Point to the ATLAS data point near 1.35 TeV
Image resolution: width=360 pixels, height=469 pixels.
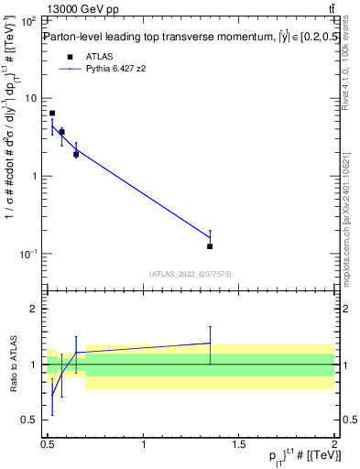coord(210,246)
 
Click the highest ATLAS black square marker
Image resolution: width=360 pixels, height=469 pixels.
coord(52,114)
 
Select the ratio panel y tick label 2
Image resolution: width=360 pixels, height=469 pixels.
coord(33,310)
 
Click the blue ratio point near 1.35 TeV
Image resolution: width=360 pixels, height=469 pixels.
coord(210,343)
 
